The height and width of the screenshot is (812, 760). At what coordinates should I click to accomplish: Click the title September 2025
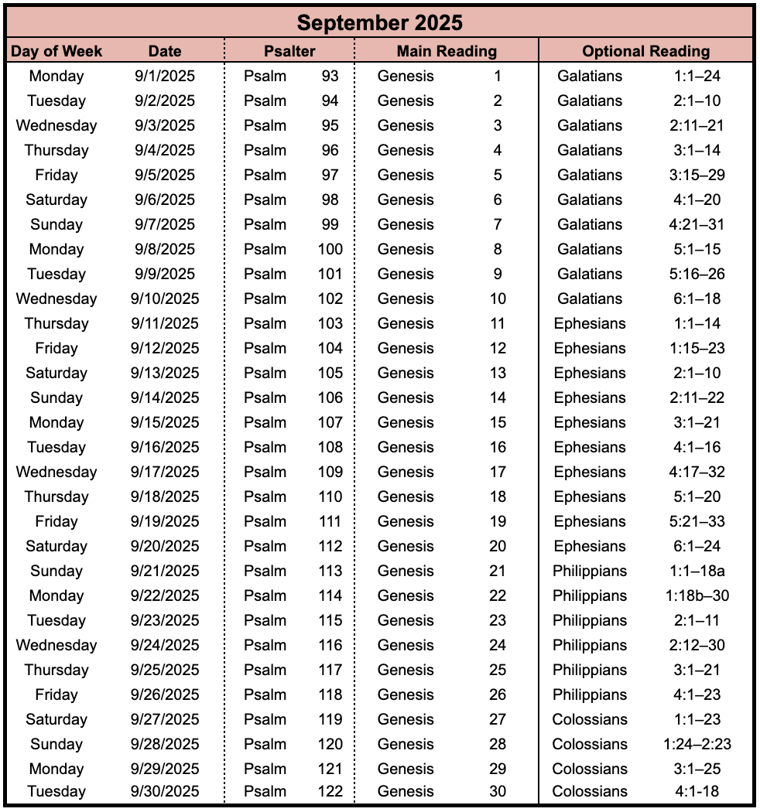(x=379, y=22)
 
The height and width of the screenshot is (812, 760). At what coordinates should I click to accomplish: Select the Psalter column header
(x=289, y=52)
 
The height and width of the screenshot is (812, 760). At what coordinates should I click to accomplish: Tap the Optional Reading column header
(x=645, y=52)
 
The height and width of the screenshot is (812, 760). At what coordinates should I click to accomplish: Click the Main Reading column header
(x=447, y=52)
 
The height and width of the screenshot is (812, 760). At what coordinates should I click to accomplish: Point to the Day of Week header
(x=56, y=52)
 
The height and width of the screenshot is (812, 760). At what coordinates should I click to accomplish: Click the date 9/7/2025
(x=165, y=224)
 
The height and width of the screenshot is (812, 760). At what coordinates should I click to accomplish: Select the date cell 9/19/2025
(x=165, y=521)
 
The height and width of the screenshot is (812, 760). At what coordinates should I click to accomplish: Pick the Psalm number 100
(x=330, y=249)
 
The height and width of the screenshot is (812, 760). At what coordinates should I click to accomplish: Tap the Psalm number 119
(x=330, y=719)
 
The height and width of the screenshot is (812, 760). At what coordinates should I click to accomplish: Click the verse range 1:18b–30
(x=697, y=595)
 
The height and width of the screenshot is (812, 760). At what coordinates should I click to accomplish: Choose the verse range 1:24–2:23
(x=697, y=744)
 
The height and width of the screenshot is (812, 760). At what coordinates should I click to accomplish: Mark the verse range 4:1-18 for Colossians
(x=697, y=791)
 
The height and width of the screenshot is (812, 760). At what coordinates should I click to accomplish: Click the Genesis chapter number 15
(x=498, y=422)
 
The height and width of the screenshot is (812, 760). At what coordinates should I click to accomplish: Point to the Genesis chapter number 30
(x=498, y=791)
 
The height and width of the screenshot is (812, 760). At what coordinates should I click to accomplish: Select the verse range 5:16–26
(x=697, y=274)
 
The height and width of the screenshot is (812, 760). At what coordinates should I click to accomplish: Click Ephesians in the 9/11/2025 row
(x=590, y=323)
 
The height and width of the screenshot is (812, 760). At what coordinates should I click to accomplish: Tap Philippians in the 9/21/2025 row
(x=590, y=571)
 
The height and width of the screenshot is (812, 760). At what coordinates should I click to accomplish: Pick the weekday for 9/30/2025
(x=56, y=791)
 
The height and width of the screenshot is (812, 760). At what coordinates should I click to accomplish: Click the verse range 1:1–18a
(x=697, y=571)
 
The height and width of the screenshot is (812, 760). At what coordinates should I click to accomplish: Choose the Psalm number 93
(x=330, y=76)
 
